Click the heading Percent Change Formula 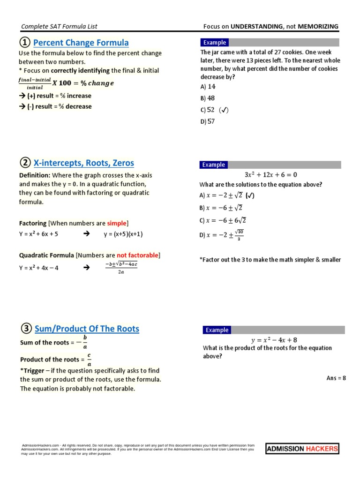[x=81, y=43]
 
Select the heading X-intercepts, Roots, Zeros [x=84, y=163]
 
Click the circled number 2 [x=25, y=163]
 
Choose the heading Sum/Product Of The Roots [x=87, y=329]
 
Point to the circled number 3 [x=25, y=329]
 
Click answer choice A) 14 [x=208, y=87]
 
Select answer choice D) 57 [x=208, y=122]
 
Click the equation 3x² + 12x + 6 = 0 [x=271, y=175]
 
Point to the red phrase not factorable [x=137, y=255]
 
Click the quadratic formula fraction [x=121, y=267]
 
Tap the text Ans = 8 [x=336, y=378]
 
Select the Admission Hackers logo [x=302, y=449]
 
